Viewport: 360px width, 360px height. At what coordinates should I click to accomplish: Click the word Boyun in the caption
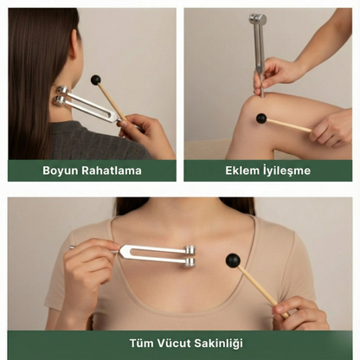pyautogui.click(x=60, y=170)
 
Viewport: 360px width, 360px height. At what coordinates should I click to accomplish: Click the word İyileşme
pyautogui.click(x=288, y=170)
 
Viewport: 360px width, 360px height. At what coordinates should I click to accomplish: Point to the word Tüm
pyautogui.click(x=144, y=343)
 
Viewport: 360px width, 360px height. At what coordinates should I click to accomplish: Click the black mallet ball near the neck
pyautogui.click(x=95, y=80)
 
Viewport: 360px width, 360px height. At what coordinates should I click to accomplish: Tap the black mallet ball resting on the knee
pyautogui.click(x=260, y=119)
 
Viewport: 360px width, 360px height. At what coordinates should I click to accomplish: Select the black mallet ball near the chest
pyautogui.click(x=232, y=260)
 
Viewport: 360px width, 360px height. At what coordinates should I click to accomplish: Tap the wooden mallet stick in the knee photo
pyautogui.click(x=290, y=125)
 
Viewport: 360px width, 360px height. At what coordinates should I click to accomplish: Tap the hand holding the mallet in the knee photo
pyautogui.click(x=331, y=127)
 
